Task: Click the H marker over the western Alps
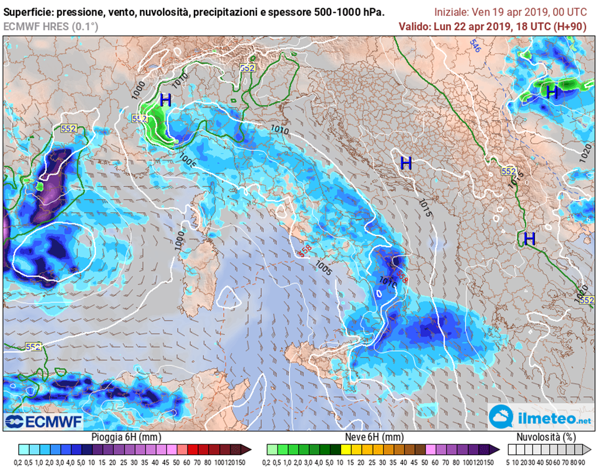coord(165,100)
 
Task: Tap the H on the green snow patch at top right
coord(551,92)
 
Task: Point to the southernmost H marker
coord(529,238)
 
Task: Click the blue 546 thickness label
coord(475,47)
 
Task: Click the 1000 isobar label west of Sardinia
coord(179,240)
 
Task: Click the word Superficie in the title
coord(29,12)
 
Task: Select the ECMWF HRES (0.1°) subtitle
coord(51,26)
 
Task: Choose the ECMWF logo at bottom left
coord(44,421)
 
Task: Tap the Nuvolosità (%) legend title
coord(547,437)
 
